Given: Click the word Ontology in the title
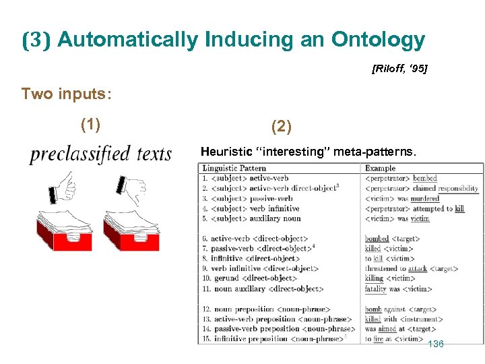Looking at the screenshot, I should (x=378, y=40).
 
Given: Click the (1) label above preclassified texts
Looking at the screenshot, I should (x=90, y=125).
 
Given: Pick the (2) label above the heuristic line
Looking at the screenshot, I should (x=282, y=125).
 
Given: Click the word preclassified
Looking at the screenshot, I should (x=79, y=154).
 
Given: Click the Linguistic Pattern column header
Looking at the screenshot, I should (x=234, y=169).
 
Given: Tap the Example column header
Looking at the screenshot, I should (x=380, y=169).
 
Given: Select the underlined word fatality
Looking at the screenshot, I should (x=376, y=289).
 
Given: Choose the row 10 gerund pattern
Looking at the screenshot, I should (x=249, y=278).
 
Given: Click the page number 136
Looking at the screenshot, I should (x=436, y=344).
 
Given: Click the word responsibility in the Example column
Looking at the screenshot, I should (x=456, y=189).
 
